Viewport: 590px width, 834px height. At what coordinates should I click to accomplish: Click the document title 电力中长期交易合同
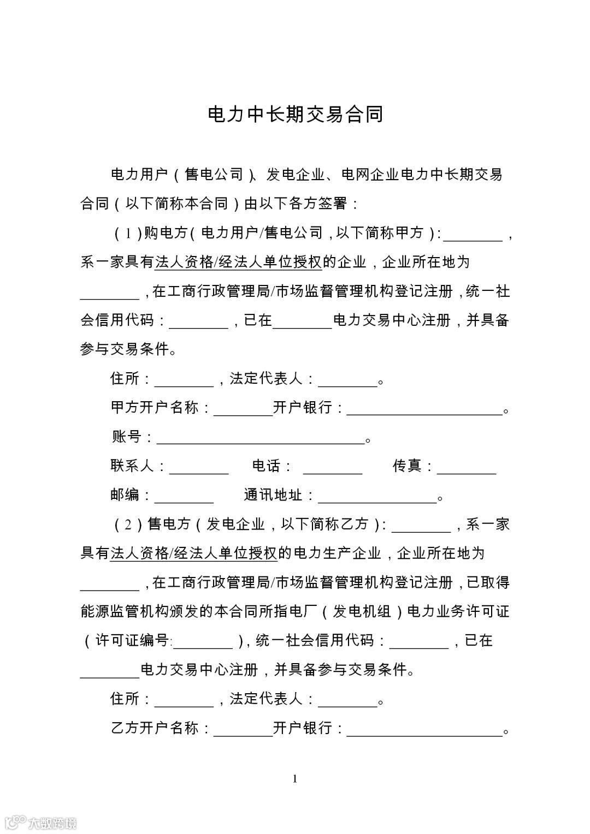(x=296, y=115)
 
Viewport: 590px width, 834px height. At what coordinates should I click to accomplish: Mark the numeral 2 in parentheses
(x=128, y=525)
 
